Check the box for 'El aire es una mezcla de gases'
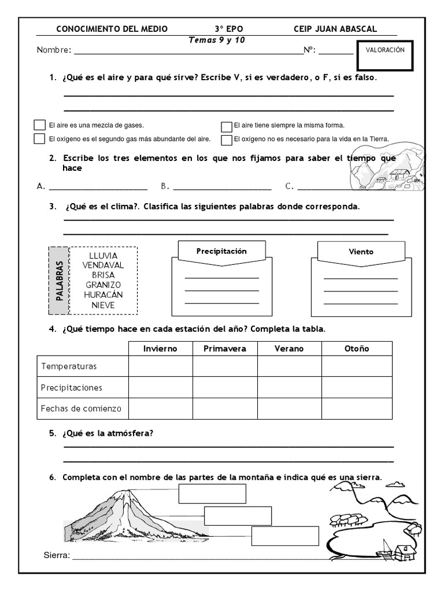click(39, 125)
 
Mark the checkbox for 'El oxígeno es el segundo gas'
click(39, 139)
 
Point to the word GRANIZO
click(103, 285)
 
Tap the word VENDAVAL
click(103, 265)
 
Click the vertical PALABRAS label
click(58, 280)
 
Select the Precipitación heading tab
click(221, 252)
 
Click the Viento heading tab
click(361, 252)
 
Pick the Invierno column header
click(160, 349)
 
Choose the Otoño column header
click(356, 349)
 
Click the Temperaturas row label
click(69, 366)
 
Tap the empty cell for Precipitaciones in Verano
click(289, 387)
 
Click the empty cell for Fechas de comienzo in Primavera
click(225, 409)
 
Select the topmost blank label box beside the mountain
click(212, 494)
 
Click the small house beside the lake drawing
click(405, 551)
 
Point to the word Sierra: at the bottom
click(57, 556)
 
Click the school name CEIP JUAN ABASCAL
click(335, 29)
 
